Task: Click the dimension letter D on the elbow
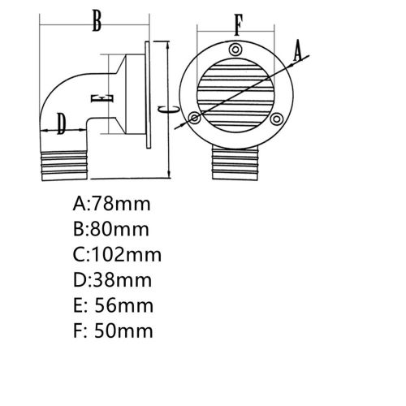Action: tap(62, 123)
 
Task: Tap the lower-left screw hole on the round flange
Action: tap(195, 119)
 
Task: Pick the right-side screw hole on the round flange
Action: tap(277, 119)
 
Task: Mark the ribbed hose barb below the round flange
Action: tap(236, 167)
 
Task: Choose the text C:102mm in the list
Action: tap(118, 254)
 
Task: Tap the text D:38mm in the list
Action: tap(113, 280)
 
